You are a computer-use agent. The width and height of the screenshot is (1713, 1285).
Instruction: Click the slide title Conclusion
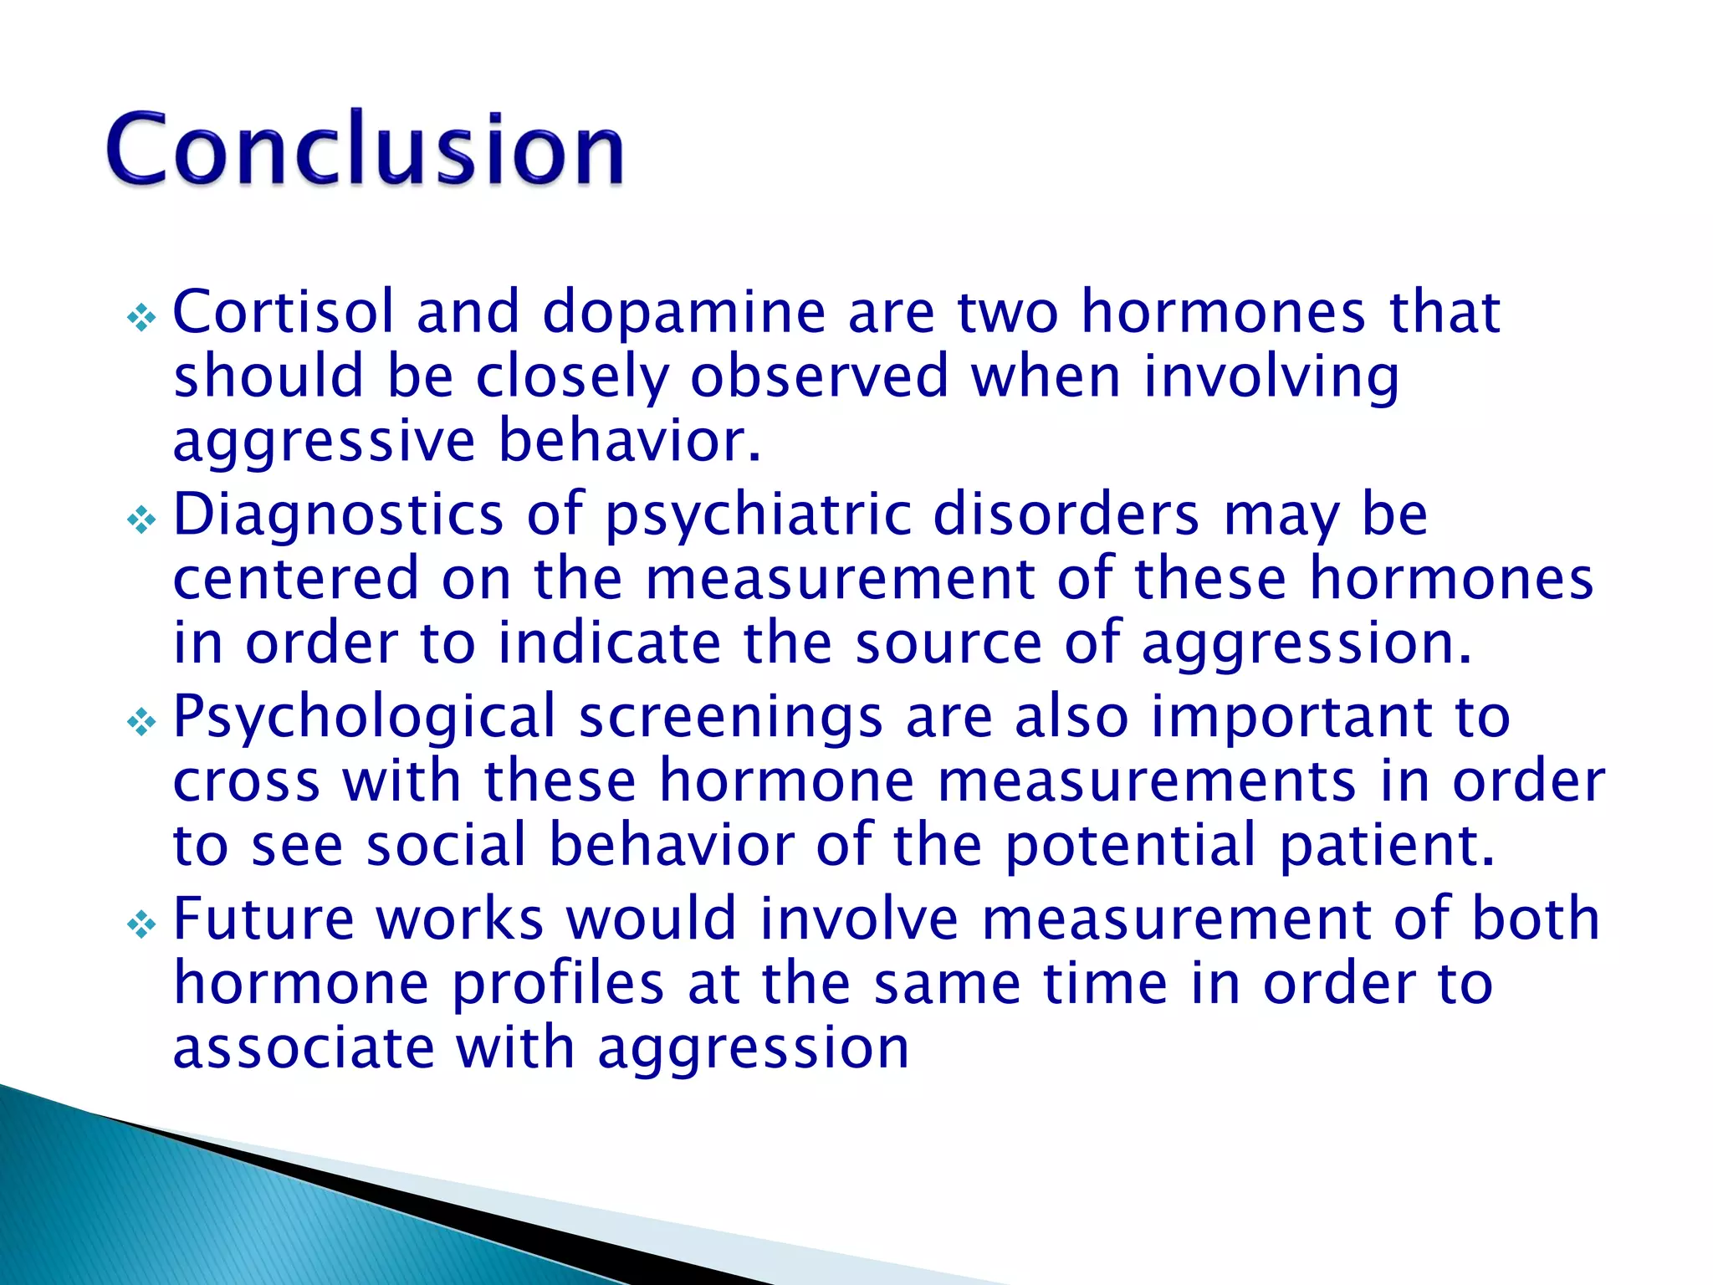(x=365, y=149)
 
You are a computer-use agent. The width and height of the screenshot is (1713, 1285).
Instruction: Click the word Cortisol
(x=283, y=312)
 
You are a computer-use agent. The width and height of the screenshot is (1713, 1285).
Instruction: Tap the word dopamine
(x=684, y=312)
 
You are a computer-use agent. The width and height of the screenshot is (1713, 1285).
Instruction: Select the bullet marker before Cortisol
(x=141, y=318)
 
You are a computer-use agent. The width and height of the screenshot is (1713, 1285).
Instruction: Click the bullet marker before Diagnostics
(x=141, y=521)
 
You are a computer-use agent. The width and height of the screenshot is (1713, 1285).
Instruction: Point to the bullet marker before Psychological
(x=141, y=723)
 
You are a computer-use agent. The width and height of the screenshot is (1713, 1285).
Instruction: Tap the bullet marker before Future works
(x=141, y=925)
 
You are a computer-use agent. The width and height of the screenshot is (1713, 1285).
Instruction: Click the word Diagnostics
(x=338, y=515)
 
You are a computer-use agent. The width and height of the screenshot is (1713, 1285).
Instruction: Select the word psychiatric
(x=758, y=515)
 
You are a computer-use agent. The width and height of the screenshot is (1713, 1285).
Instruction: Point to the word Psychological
(x=364, y=718)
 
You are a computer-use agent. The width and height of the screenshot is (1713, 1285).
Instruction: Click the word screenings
(x=730, y=718)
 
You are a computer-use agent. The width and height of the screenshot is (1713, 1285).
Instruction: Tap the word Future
(x=263, y=919)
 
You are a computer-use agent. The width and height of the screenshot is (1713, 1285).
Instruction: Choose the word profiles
(x=558, y=984)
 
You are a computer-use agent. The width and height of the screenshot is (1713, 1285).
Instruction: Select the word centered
(x=295, y=579)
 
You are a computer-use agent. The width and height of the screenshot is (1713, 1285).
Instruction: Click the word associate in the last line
(x=304, y=1048)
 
